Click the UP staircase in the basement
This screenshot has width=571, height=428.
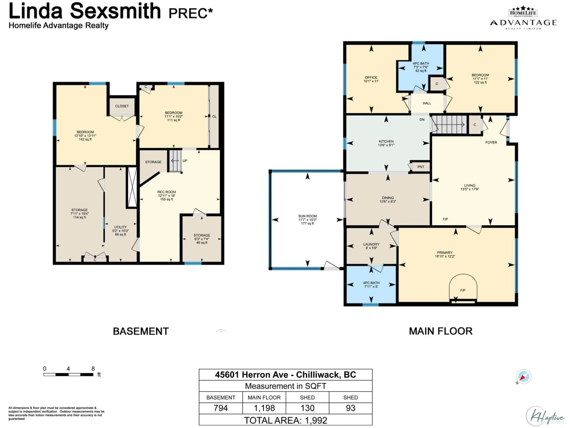click(x=175, y=160)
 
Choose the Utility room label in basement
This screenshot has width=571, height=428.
click(x=120, y=231)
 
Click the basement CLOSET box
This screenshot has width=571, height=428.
click(x=122, y=106)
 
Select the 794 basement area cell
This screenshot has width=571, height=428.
click(x=221, y=408)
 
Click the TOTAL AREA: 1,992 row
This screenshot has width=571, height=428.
click(x=285, y=420)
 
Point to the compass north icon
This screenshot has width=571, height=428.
click(x=523, y=377)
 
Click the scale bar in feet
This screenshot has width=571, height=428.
click(x=68, y=374)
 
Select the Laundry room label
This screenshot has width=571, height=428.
click(x=371, y=246)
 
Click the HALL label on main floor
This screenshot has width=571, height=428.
click(x=427, y=103)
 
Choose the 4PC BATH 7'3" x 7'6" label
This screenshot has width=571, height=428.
click(x=421, y=67)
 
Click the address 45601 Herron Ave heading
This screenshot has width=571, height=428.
click(x=285, y=375)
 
